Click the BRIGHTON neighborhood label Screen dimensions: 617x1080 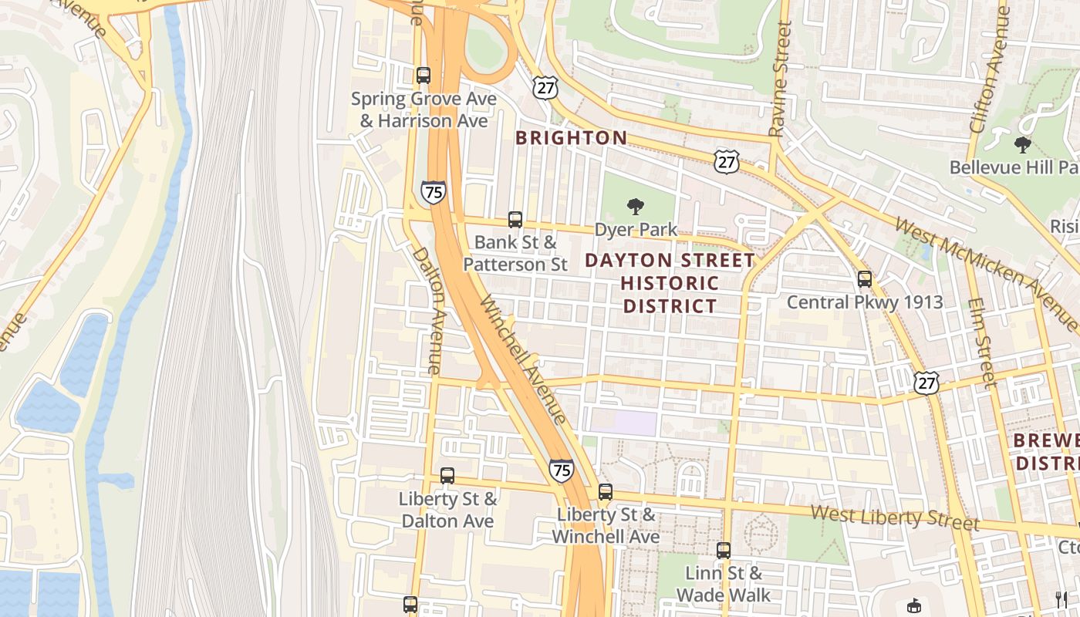[571, 138]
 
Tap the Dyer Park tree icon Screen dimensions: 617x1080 [636, 206]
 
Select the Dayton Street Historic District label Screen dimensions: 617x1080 [670, 283]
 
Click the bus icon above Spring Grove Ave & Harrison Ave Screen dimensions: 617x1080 [423, 76]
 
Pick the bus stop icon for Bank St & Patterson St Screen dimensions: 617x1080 [515, 220]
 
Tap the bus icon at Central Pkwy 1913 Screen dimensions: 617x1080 [864, 279]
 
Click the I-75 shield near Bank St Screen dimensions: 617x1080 [433, 191]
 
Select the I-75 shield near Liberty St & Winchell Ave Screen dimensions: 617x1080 [561, 469]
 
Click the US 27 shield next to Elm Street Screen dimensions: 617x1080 [926, 381]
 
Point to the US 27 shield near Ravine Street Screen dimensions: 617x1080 [726, 160]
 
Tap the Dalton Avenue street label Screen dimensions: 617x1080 [426, 310]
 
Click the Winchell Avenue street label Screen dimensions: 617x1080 [524, 359]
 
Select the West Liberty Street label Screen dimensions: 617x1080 [895, 517]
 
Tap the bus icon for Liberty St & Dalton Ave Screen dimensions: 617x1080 [447, 476]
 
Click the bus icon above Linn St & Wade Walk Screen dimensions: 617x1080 [723, 551]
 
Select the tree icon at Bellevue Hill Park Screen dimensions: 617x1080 [1023, 144]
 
